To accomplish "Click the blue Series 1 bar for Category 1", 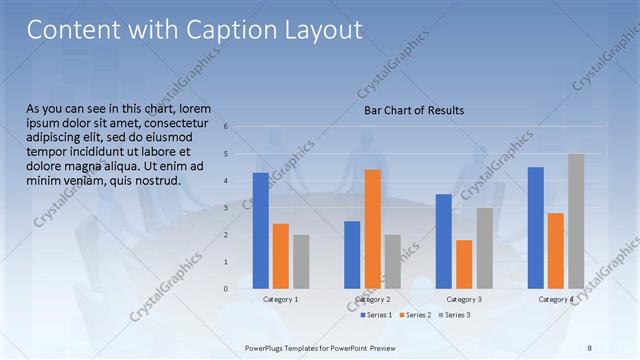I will pos(260,231).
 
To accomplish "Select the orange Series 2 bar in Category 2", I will pos(372,229).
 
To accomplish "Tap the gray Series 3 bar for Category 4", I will pos(576,221).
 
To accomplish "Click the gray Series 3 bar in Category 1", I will pos(301,262).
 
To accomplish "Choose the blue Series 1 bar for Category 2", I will pos(352,255).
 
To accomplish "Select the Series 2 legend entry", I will pos(415,316).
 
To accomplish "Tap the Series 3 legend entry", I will pos(454,316).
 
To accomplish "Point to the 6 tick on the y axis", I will pos(227,127).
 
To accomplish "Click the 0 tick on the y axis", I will pos(227,289).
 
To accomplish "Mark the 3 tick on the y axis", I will pos(227,208).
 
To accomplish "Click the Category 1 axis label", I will pos(281,300).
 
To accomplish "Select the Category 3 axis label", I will pos(464,300).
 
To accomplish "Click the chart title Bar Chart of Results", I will pos(413,110).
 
